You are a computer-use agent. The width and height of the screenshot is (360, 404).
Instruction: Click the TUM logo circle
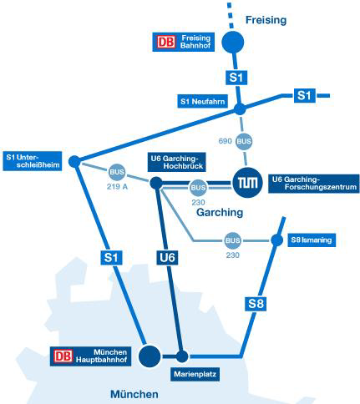point(247,183)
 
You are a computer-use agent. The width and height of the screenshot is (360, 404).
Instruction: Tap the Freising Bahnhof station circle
point(233,42)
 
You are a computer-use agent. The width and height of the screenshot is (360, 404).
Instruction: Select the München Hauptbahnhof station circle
point(150,356)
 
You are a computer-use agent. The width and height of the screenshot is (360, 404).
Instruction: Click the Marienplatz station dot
point(182,356)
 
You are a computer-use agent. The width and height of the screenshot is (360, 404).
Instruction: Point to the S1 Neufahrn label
point(202,101)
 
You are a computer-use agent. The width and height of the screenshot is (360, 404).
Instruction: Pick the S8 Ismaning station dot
point(277,240)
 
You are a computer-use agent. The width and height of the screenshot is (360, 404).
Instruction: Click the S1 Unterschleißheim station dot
point(74,161)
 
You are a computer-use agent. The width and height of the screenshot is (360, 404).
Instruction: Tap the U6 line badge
point(167,258)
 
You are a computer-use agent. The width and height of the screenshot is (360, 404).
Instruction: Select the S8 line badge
point(256,304)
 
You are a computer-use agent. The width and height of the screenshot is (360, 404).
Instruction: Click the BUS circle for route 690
point(244,141)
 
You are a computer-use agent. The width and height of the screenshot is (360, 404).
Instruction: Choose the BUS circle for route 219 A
point(117,172)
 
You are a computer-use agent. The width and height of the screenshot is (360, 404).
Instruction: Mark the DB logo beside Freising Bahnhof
point(166,42)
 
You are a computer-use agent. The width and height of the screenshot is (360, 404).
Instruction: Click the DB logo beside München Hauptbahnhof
point(63,356)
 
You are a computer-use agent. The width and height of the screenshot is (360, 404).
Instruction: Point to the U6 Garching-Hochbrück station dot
point(156,183)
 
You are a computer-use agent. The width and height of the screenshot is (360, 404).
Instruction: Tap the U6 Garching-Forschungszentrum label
point(314,184)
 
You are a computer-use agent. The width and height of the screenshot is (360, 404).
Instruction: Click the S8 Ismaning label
point(312,240)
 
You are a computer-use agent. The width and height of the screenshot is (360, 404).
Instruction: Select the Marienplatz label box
point(195,374)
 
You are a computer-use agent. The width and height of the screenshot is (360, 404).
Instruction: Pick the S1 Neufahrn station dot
point(240,109)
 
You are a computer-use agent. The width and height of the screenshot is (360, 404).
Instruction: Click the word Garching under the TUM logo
point(220,212)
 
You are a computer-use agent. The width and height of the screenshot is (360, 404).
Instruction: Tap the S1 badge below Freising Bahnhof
point(236,78)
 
